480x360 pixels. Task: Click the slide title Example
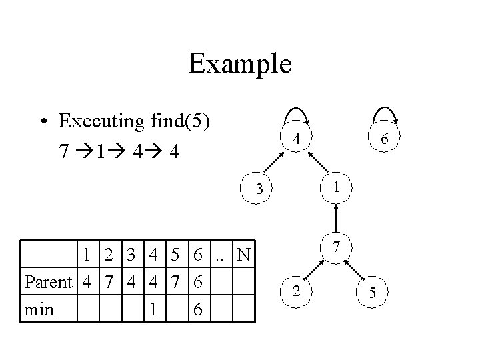[240, 65]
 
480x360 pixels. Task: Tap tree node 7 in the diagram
[338, 247]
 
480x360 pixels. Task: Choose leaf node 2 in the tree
[298, 291]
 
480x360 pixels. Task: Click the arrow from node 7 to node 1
[338, 217]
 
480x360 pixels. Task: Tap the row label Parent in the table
[47, 282]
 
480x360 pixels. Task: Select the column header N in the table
[245, 255]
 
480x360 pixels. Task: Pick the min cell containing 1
[153, 310]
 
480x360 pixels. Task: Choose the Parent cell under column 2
[109, 282]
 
